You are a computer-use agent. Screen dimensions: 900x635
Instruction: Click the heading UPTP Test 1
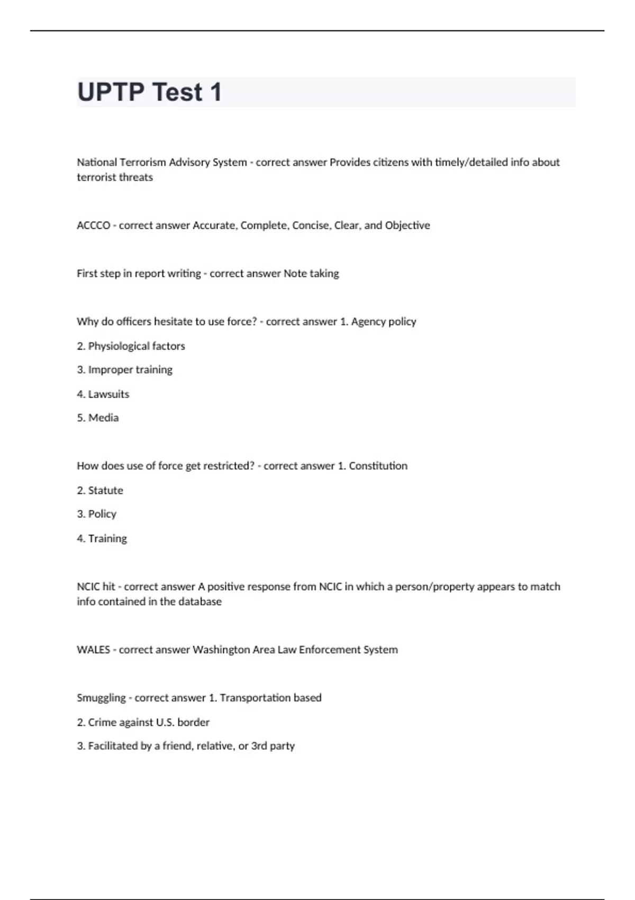tap(149, 92)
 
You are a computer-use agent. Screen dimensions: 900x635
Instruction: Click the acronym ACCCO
tap(93, 226)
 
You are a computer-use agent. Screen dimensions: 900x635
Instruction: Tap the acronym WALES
tap(93, 650)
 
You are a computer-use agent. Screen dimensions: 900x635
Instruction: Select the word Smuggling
tap(101, 698)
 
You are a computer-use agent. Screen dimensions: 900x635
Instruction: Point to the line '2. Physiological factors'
tap(131, 346)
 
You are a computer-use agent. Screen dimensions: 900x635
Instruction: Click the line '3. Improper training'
tap(124, 370)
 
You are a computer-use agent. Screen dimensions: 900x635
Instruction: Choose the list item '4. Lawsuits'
tap(103, 394)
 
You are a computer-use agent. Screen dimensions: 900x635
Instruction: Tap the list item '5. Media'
tap(97, 418)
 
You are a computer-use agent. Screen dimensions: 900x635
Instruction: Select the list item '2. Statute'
tap(99, 490)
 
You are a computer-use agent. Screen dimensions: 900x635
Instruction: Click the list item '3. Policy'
tap(96, 514)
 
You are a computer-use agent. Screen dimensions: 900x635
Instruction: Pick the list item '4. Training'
tap(102, 538)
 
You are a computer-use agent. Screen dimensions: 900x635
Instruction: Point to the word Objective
tap(407, 226)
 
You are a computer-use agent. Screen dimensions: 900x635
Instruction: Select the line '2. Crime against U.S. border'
tap(143, 722)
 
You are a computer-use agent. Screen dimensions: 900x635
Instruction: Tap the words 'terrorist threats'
tap(115, 177)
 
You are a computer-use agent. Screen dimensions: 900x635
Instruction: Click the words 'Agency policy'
tap(384, 321)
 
